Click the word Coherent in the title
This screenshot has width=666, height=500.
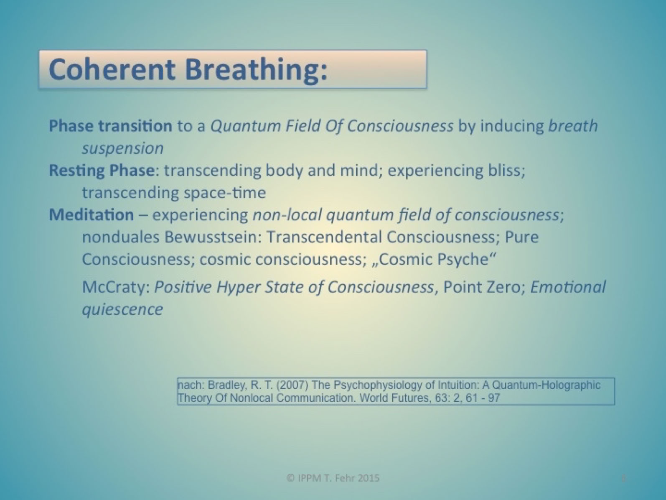[x=112, y=69]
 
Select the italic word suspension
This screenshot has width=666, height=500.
[x=123, y=148]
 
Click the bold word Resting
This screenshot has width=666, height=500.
[x=77, y=171]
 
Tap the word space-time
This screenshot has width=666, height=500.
[x=225, y=192]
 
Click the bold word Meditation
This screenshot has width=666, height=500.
[x=92, y=215]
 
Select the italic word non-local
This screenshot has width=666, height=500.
[x=287, y=215]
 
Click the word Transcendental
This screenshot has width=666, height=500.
[x=324, y=237]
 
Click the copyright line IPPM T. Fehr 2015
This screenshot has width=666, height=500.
[x=333, y=478]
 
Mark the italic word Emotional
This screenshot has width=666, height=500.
[x=568, y=287]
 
